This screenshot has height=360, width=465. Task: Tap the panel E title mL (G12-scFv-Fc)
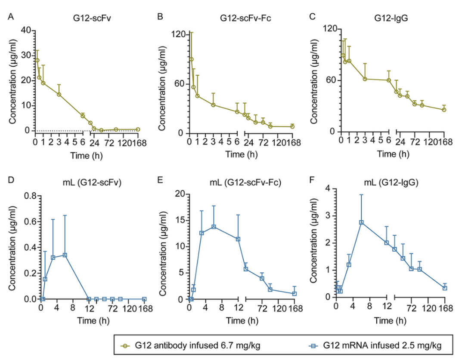[245, 182]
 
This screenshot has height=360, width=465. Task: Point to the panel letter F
[312, 182]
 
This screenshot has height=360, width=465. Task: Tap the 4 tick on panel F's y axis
[330, 189]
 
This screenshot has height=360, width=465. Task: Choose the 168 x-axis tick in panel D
[144, 308]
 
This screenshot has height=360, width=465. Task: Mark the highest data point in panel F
[361, 222]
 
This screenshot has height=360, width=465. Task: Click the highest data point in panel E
[213, 227]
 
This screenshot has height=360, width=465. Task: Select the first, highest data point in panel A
[37, 60]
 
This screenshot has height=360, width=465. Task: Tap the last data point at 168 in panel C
[444, 110]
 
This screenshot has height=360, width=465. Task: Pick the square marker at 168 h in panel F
[445, 288]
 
